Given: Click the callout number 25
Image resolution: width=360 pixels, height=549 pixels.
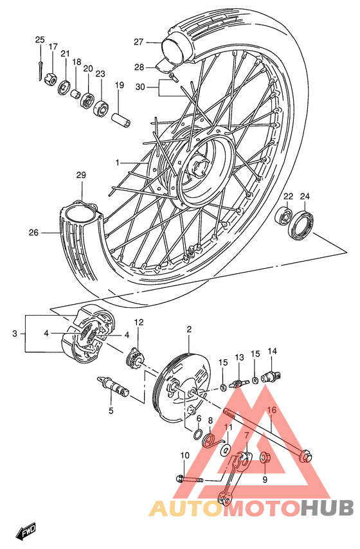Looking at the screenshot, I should coord(40,40).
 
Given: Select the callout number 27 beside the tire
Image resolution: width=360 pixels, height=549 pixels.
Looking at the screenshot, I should coord(138,42).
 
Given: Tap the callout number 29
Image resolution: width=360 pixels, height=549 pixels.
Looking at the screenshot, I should coord(81,175).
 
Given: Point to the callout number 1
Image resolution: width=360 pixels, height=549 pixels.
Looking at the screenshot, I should coord(118,163).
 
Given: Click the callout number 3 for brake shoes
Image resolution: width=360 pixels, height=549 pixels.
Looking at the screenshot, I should coord(15,334).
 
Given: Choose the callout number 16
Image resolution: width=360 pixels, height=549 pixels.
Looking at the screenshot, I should coord(271,410).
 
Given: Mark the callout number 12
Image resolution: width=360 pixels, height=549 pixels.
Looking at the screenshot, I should coord(138,322).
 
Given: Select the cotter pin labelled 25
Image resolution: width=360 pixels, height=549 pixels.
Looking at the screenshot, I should coord(40,63).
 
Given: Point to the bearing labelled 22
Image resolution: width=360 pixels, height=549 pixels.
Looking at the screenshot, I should coord(283,215).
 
